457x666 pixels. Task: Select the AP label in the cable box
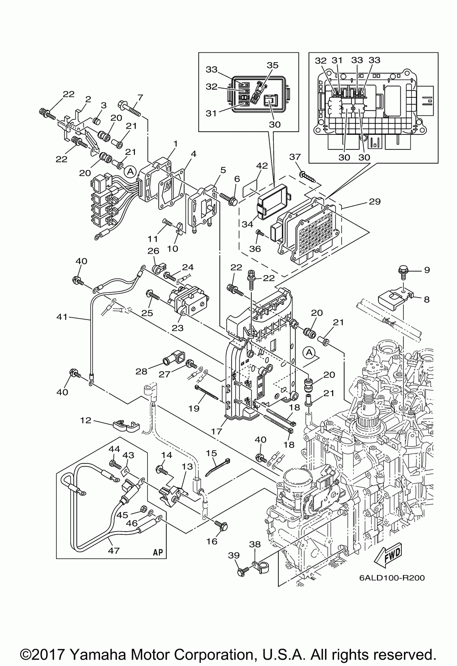(x=158, y=552)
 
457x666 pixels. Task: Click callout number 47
(x=114, y=551)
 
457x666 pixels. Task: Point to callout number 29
(x=375, y=202)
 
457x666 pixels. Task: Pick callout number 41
(x=62, y=317)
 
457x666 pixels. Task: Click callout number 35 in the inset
(x=272, y=65)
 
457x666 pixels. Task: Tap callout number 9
(x=427, y=270)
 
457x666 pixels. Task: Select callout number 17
(x=217, y=431)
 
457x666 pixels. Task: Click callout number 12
(x=85, y=421)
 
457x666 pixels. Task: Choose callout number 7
(x=140, y=97)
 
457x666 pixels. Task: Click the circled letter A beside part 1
(x=130, y=171)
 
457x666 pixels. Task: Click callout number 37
(x=295, y=156)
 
